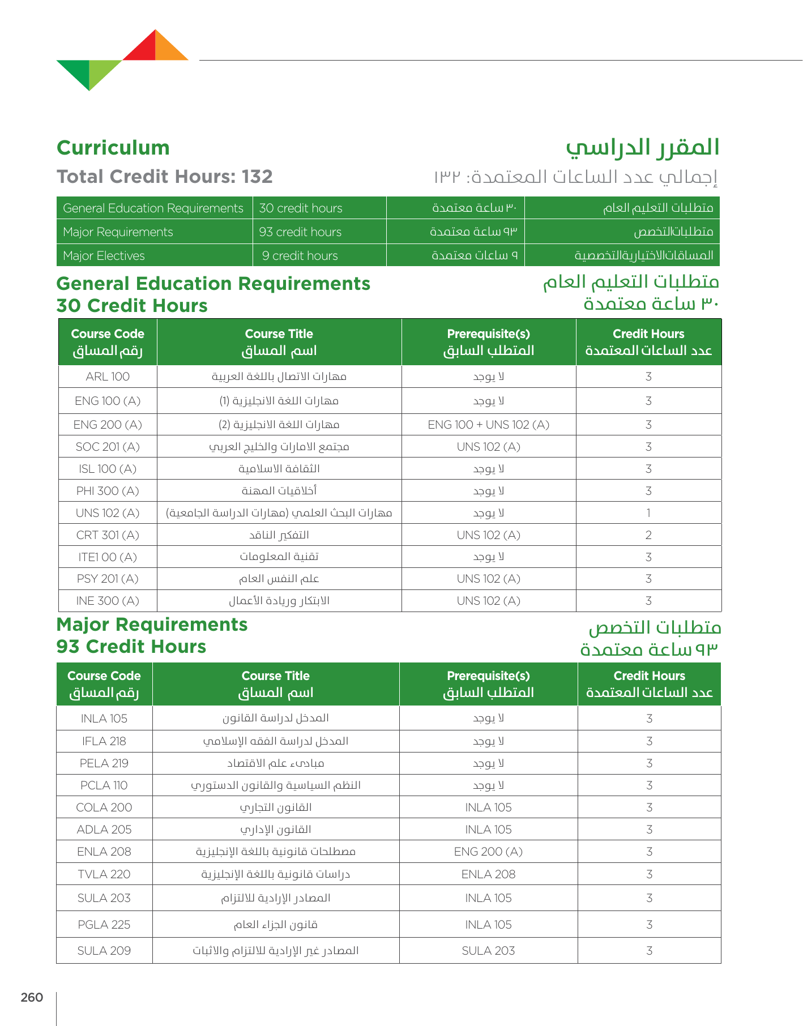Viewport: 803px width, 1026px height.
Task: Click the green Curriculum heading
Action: tap(113, 148)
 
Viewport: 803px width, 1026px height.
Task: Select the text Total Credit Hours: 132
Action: tap(165, 177)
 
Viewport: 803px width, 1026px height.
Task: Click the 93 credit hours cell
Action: tap(301, 232)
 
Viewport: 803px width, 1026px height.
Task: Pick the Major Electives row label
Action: tap(104, 256)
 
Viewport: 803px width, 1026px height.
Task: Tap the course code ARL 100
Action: tap(108, 377)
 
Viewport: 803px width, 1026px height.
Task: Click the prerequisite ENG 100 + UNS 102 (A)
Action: tap(488, 425)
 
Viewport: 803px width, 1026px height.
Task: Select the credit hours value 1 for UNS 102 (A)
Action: tap(648, 513)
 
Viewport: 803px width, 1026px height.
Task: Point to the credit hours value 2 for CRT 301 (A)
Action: tap(648, 535)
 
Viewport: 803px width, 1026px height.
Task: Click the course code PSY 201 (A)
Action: tap(108, 579)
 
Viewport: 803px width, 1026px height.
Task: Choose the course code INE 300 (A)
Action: tap(108, 601)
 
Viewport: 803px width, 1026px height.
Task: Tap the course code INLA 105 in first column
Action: tap(104, 719)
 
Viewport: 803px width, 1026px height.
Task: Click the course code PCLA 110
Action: tap(104, 785)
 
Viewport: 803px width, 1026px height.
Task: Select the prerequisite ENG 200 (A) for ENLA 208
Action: tap(488, 852)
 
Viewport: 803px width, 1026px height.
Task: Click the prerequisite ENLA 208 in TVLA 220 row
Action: tap(488, 874)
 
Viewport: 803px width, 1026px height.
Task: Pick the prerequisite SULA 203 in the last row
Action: tap(488, 951)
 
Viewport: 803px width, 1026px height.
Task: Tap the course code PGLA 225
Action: tap(104, 925)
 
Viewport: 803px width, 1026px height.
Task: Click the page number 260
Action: tap(32, 998)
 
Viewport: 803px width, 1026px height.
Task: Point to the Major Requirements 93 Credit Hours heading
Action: tap(152, 635)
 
